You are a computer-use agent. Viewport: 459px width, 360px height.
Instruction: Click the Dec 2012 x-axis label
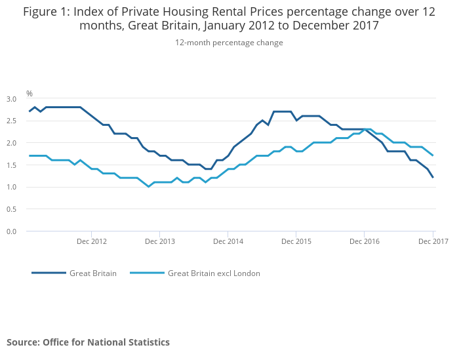click(92, 241)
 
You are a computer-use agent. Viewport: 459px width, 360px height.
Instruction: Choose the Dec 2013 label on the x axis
click(160, 241)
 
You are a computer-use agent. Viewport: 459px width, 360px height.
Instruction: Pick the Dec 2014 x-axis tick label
click(228, 241)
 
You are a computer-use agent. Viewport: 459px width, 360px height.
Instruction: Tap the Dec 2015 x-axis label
click(296, 241)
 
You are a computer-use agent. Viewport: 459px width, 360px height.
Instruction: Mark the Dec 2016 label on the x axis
click(365, 241)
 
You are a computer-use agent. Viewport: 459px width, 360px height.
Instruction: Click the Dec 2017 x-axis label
click(433, 241)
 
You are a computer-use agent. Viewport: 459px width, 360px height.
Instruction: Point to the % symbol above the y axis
click(30, 94)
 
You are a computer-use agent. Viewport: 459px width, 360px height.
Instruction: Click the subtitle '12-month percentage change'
click(229, 43)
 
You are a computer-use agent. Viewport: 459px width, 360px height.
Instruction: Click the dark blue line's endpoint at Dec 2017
click(433, 178)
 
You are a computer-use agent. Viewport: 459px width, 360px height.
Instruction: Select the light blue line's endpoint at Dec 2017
click(433, 155)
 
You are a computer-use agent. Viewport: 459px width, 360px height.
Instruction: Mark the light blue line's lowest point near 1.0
click(149, 187)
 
